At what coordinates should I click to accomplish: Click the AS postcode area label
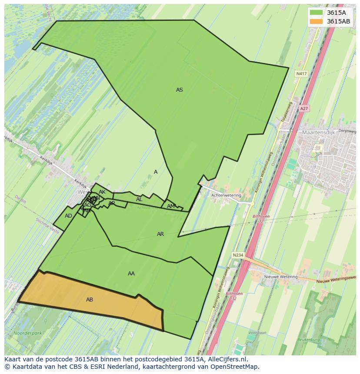179,90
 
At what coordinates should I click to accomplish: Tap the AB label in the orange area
90,300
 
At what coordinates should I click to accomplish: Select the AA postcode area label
131,274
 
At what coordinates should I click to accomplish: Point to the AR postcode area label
160,234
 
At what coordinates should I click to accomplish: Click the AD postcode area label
68,216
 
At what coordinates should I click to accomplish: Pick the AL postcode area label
139,199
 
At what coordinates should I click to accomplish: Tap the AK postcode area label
102,192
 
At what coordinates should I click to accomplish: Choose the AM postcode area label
171,206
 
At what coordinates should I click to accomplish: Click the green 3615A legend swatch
316,12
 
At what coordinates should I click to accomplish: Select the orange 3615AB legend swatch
316,21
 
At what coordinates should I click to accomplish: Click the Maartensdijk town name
318,132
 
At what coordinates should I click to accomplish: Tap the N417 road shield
301,74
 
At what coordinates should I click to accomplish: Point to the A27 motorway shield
304,109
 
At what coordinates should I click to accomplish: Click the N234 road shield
237,255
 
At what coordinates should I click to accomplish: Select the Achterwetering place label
226,195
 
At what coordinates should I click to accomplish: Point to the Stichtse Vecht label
47,225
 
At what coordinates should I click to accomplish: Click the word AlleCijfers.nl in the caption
227,359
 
